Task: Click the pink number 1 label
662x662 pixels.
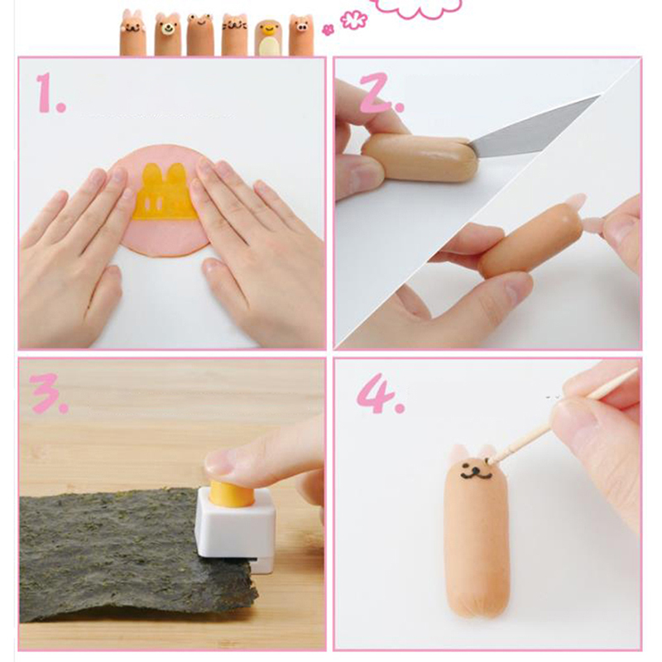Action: [50, 93]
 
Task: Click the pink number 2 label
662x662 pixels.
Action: [381, 93]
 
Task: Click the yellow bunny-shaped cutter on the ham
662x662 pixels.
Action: [165, 192]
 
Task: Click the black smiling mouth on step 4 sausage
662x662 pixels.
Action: [477, 473]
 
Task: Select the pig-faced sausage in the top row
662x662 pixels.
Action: [301, 35]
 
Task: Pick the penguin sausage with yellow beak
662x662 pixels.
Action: [267, 38]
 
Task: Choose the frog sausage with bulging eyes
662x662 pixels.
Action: [200, 35]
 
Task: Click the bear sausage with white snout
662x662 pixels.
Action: [168, 35]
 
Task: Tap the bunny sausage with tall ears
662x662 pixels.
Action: [133, 33]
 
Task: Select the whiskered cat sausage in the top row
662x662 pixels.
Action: [234, 35]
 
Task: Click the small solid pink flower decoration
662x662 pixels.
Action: [328, 30]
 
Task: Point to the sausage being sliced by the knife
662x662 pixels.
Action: [420, 157]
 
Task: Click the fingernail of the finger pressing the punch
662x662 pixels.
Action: [219, 463]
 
